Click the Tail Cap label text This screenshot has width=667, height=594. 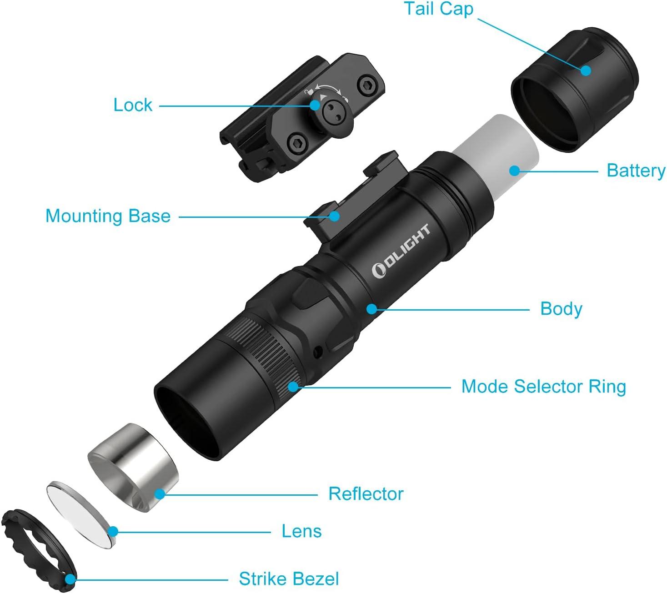[x=438, y=9]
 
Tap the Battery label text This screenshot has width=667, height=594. [x=636, y=171]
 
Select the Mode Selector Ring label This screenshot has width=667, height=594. [x=543, y=387]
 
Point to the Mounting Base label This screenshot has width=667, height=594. [x=108, y=216]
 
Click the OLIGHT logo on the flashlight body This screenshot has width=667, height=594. [x=401, y=252]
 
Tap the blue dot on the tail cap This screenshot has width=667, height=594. [x=586, y=70]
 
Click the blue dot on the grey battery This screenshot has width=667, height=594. [x=515, y=171]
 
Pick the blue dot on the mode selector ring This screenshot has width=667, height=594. [x=293, y=386]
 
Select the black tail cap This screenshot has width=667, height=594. [x=575, y=90]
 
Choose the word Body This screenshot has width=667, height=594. [x=562, y=309]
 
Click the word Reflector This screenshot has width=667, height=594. [x=366, y=494]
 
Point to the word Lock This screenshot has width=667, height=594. [x=133, y=105]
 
